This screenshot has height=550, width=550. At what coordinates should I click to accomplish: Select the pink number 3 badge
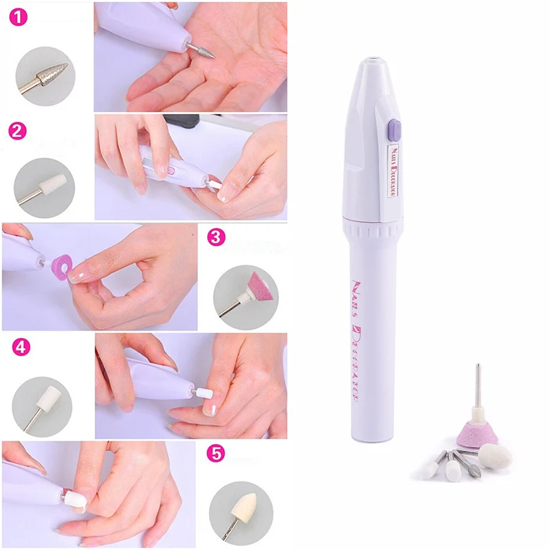[216, 239]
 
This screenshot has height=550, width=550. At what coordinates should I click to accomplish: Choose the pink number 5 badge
[216, 455]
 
